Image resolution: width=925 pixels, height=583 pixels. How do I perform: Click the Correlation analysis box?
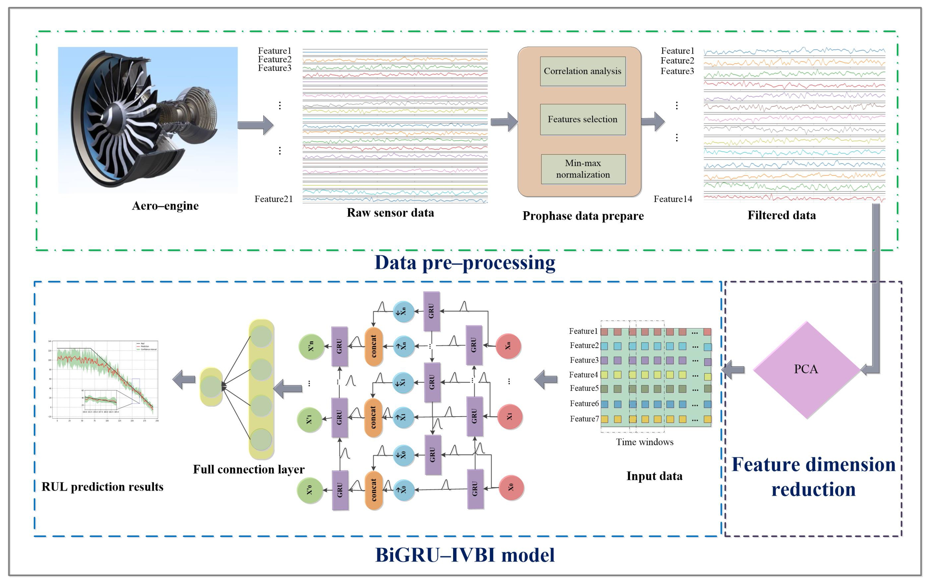coord(582,71)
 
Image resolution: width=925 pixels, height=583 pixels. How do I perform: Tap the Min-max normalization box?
coord(583,169)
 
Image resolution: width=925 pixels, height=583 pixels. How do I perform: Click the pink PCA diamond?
coord(806,370)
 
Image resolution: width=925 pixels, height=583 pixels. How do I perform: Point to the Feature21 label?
coord(273,199)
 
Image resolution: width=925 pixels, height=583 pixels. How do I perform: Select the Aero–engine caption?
coord(165,206)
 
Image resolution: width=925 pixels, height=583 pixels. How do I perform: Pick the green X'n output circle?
coord(311,346)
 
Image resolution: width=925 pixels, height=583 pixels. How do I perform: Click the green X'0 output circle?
coord(310,490)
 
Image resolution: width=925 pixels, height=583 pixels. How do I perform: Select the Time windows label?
coord(645,442)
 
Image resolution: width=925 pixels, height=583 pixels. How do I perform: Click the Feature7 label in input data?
coord(584,419)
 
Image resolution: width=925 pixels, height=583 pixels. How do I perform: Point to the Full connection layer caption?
coord(248,469)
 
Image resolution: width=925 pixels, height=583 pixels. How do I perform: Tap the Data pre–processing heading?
coord(465,263)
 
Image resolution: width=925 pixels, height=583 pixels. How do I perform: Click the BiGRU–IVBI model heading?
coord(465,555)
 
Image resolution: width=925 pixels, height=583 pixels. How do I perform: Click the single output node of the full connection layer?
coord(211,386)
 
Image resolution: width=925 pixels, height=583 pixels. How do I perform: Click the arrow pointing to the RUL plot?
coord(184,380)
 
